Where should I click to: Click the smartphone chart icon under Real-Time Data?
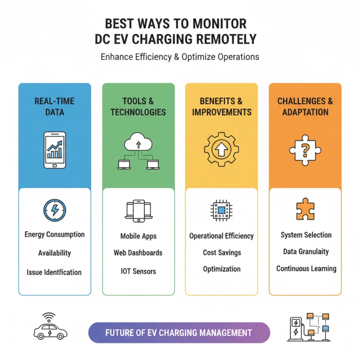(x=54, y=150)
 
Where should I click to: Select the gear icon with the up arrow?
(x=221, y=149)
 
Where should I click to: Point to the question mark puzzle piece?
(x=305, y=150)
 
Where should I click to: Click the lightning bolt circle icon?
(x=54, y=210)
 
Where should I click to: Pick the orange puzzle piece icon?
(x=306, y=209)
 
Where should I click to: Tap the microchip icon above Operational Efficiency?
(x=221, y=210)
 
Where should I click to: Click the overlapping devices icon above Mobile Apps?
(x=139, y=211)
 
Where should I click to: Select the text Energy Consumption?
(x=54, y=234)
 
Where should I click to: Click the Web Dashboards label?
(x=138, y=253)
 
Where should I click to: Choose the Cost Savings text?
(x=222, y=252)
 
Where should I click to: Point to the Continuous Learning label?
(x=306, y=269)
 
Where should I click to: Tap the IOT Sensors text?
(x=139, y=271)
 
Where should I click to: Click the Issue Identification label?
(x=54, y=272)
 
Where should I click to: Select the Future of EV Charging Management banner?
(x=179, y=333)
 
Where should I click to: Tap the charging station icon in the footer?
(x=309, y=327)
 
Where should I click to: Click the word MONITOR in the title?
(x=220, y=24)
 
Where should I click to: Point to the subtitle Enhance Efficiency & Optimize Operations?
(x=180, y=57)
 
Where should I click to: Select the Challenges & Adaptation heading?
(x=305, y=107)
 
